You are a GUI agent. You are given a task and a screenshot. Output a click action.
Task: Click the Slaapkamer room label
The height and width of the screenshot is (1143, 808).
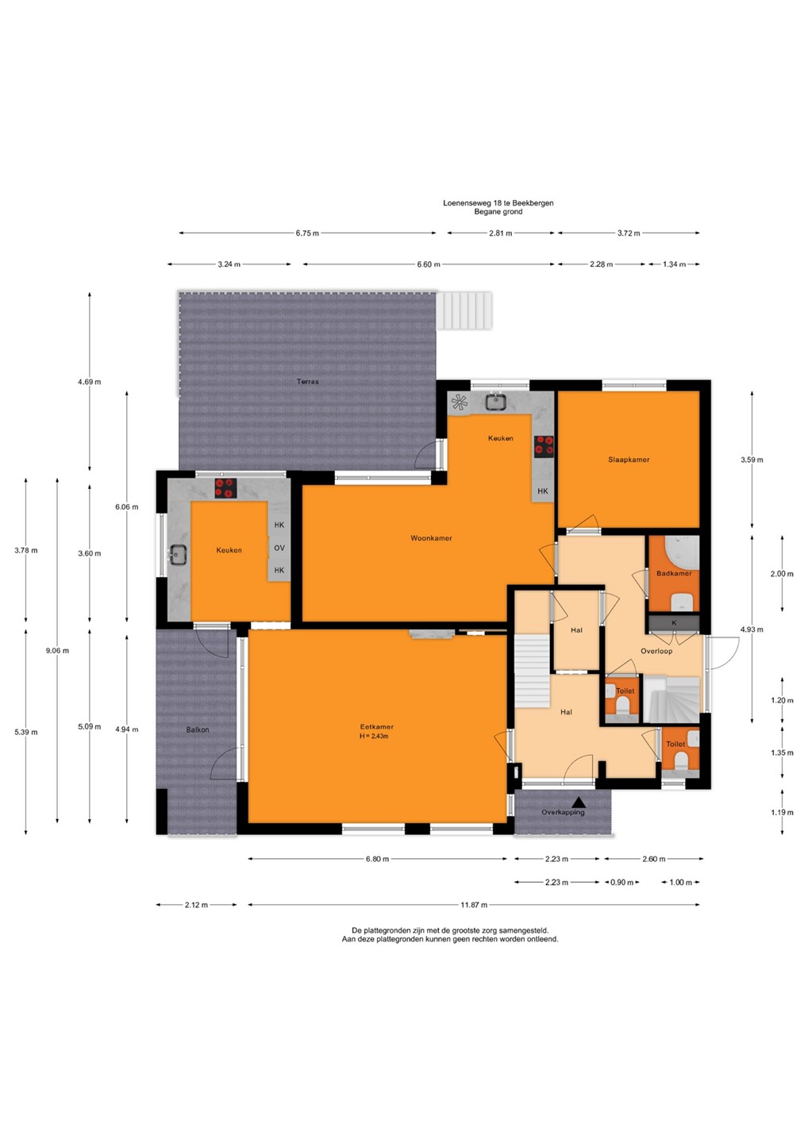pyautogui.click(x=629, y=460)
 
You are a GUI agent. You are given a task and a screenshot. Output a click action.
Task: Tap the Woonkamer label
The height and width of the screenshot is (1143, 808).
pyautogui.click(x=431, y=538)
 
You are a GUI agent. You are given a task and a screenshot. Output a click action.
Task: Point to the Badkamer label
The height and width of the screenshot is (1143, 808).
pyautogui.click(x=674, y=573)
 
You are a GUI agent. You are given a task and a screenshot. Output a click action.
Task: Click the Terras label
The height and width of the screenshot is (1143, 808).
pyautogui.click(x=308, y=381)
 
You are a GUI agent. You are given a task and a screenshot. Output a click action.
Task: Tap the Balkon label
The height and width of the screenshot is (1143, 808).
pyautogui.click(x=198, y=729)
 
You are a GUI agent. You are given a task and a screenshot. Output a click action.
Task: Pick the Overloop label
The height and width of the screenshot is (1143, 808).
pyautogui.click(x=656, y=651)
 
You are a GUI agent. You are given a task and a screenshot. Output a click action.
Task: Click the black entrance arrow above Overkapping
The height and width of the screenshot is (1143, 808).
pyautogui.click(x=578, y=802)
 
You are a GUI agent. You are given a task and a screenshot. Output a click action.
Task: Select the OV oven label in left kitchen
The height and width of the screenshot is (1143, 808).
pyautogui.click(x=279, y=548)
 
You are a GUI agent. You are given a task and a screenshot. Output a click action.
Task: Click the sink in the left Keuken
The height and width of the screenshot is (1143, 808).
pyautogui.click(x=178, y=554)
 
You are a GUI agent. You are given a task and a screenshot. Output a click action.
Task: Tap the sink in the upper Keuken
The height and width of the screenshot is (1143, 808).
pyautogui.click(x=494, y=402)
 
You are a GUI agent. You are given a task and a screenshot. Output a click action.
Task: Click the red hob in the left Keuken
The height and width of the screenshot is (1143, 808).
pyautogui.click(x=225, y=488)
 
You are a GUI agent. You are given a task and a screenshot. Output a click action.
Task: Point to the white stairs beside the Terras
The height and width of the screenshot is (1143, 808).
pyautogui.click(x=464, y=310)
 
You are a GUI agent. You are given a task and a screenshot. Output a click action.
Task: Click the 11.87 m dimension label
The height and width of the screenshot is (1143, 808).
pyautogui.click(x=474, y=905)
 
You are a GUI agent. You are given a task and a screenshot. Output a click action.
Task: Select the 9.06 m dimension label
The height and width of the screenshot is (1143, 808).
pyautogui.click(x=57, y=651)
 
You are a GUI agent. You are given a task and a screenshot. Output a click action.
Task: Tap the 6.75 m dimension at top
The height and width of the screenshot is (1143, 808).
pyautogui.click(x=307, y=233)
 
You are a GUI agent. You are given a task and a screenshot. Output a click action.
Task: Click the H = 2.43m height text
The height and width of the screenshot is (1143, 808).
pyautogui.click(x=374, y=736)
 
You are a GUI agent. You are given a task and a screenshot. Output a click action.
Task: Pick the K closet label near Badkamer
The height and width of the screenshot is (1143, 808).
pyautogui.click(x=673, y=622)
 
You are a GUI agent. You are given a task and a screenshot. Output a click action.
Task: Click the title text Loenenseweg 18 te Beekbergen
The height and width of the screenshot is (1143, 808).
pyautogui.click(x=498, y=202)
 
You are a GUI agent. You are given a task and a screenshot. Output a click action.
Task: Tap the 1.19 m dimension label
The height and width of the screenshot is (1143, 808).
pyautogui.click(x=782, y=812)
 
